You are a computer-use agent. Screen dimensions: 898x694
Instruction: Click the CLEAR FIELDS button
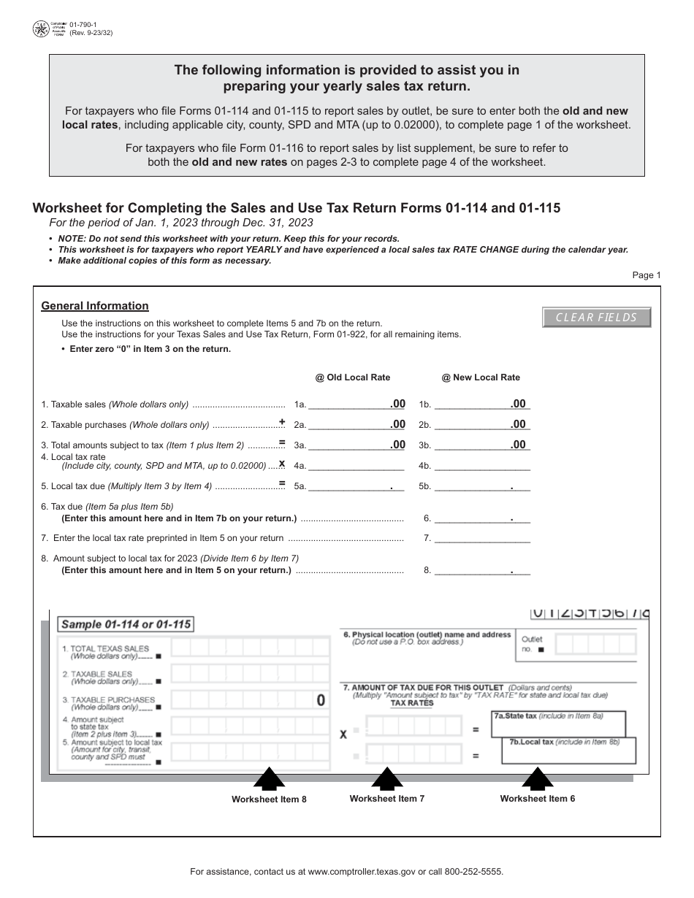pos(596,318)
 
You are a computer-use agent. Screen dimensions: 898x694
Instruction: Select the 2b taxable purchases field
pos(482,424)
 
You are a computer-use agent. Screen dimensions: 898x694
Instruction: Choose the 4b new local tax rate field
pos(482,465)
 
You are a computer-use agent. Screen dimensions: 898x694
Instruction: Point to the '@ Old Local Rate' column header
pos(353,377)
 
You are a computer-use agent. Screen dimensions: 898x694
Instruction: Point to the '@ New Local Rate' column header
pos(481,377)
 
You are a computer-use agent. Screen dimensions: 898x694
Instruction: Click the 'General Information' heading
pos(95,306)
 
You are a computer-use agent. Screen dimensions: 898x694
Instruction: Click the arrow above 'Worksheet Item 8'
pos(270,779)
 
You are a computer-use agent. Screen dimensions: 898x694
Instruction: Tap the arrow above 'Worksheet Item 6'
pos(538,778)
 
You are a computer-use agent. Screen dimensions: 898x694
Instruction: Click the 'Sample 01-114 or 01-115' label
pos(126,624)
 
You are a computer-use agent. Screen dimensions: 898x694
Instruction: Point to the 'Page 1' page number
pos(646,275)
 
